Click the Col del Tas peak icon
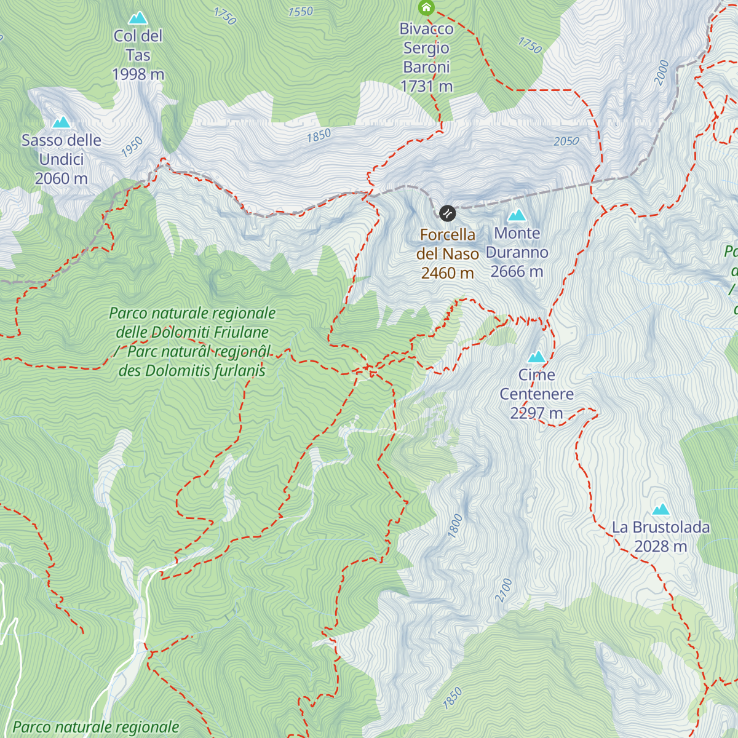click(x=138, y=18)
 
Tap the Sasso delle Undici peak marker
click(x=61, y=122)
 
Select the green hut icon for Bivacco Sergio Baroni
click(x=426, y=7)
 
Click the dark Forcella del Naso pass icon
click(x=447, y=213)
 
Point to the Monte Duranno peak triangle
click(x=517, y=215)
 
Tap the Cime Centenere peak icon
click(x=537, y=357)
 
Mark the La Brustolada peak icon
click(x=661, y=509)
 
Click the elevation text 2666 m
click(x=517, y=272)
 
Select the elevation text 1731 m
click(x=426, y=87)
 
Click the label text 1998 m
click(x=138, y=74)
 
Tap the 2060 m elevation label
click(x=61, y=179)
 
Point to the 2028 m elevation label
click(x=661, y=547)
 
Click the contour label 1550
click(x=300, y=12)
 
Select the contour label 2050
click(x=566, y=141)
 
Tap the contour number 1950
click(x=132, y=147)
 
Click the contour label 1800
click(x=455, y=527)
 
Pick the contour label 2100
click(x=504, y=590)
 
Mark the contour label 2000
click(x=662, y=73)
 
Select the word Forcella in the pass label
click(x=447, y=235)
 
